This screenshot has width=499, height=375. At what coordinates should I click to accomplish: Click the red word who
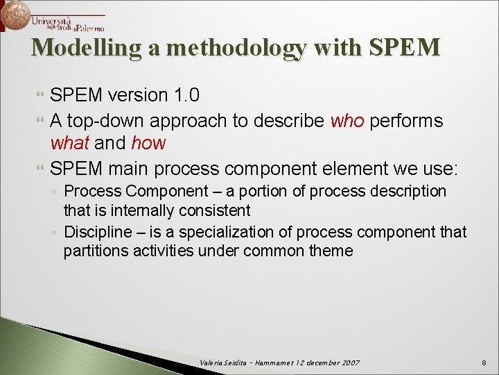(347, 121)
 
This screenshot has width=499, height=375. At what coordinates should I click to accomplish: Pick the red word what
(70, 144)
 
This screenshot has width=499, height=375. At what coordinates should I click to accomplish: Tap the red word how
(148, 144)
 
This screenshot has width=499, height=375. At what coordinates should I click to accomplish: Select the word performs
(407, 121)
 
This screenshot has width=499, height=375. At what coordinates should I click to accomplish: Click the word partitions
(93, 251)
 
